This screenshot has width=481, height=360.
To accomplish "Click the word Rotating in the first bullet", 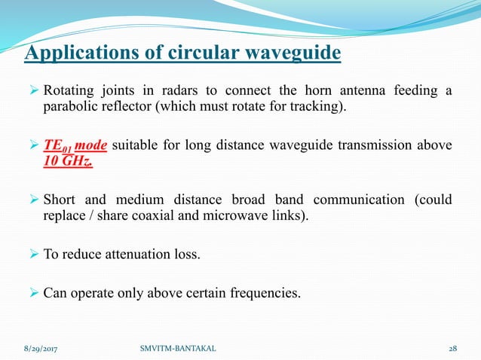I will pos(69,92).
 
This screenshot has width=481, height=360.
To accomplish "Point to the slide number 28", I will pos(452,350).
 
